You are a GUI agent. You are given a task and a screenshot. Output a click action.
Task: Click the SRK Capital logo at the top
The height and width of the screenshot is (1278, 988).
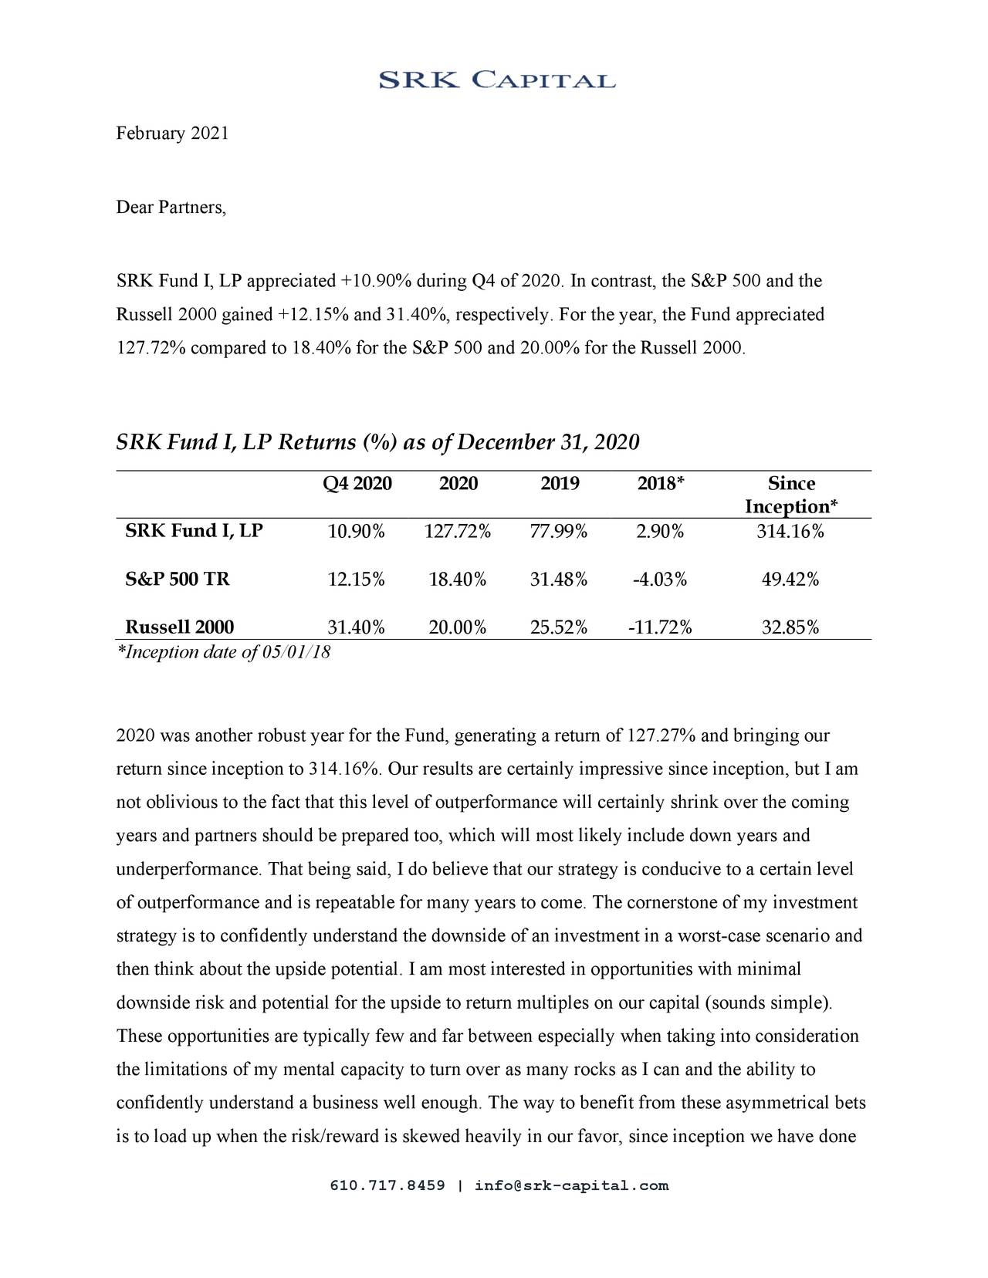click(x=496, y=80)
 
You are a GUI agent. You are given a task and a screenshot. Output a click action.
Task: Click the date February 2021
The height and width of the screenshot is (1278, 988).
click(x=172, y=134)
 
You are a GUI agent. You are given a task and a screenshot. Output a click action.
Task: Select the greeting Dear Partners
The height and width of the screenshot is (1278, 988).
click(x=171, y=208)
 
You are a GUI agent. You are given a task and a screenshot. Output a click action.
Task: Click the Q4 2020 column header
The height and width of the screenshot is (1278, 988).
click(x=357, y=484)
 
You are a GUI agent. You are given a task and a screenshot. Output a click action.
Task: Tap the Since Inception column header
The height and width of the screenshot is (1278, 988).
click(x=791, y=495)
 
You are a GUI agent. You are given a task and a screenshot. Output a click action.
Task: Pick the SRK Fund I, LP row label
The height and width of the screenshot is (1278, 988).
click(x=194, y=531)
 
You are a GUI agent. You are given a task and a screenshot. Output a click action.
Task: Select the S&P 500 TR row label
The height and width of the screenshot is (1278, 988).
click(x=178, y=579)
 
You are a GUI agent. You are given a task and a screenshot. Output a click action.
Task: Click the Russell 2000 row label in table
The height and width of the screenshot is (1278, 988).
click(x=180, y=627)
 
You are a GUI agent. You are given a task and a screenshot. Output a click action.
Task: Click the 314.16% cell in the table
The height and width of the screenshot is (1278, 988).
click(x=790, y=532)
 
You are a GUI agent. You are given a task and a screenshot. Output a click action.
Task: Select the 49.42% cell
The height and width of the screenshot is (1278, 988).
click(x=790, y=580)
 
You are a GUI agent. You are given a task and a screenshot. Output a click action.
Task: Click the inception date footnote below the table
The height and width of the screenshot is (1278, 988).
click(x=223, y=652)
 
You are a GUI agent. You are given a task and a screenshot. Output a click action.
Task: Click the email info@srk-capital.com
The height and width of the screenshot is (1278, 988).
click(x=571, y=1185)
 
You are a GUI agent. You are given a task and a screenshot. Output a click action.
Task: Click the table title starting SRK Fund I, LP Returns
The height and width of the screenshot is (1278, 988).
click(x=377, y=443)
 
